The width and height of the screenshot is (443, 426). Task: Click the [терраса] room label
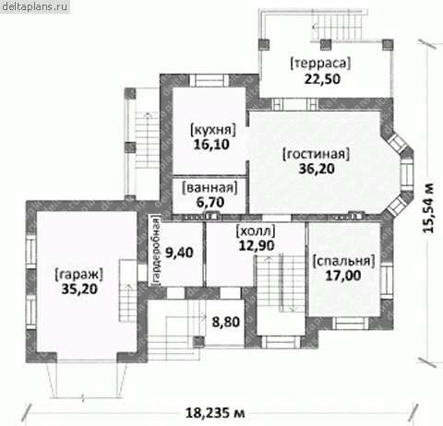point(320,64)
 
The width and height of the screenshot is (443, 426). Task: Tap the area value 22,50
point(322,79)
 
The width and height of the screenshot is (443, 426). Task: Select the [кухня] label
point(213,130)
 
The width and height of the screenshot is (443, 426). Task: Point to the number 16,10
point(211,145)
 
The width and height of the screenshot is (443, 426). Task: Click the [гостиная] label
point(317,154)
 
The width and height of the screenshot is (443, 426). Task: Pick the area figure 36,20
point(317,169)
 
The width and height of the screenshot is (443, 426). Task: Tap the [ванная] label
point(210,188)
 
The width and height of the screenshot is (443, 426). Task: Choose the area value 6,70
point(210,202)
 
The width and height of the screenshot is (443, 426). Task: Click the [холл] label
point(256,231)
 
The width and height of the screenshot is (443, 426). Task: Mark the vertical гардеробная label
point(156,251)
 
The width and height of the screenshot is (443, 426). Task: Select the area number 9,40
point(179,253)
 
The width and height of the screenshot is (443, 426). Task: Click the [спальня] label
point(343,261)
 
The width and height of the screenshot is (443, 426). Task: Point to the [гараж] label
point(78,274)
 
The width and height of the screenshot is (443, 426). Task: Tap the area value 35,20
point(79,289)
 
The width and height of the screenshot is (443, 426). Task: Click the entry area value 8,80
point(226,322)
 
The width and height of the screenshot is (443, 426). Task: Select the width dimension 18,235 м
point(215,413)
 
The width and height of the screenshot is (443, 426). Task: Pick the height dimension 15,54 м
point(428,207)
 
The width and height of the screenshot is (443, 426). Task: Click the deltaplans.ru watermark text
point(35,6)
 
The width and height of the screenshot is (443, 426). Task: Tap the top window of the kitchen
point(210,80)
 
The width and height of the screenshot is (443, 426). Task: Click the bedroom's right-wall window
point(387,281)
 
